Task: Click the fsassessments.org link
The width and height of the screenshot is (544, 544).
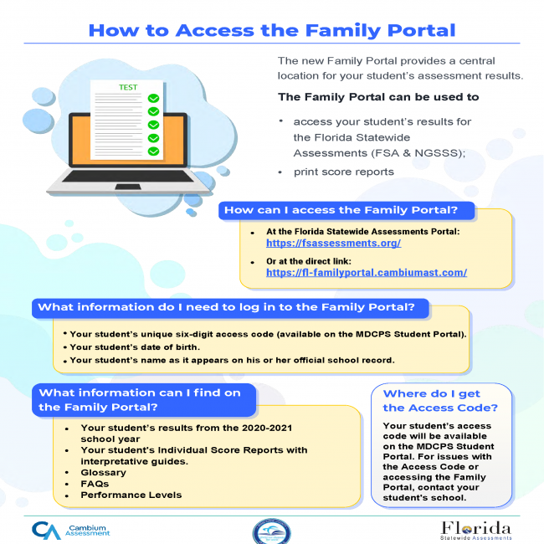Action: [x=333, y=243]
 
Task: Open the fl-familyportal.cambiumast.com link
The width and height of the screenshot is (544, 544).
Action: [x=367, y=273]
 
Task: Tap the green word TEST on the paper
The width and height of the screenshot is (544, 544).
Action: [x=128, y=87]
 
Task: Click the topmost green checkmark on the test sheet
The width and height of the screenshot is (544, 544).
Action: [x=153, y=98]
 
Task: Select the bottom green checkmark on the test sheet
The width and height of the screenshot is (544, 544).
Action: [x=153, y=151]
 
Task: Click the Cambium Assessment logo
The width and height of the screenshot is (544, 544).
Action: [x=71, y=531]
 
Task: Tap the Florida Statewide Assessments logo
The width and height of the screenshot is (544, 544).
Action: [x=475, y=531]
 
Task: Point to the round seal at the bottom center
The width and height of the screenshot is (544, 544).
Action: [x=272, y=531]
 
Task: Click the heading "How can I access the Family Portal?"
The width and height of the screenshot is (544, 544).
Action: [x=341, y=210]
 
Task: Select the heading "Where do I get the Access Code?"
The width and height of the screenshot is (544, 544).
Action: [x=440, y=400]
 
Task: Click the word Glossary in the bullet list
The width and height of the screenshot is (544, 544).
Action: [x=104, y=473]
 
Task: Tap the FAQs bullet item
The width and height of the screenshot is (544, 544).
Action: [x=95, y=484]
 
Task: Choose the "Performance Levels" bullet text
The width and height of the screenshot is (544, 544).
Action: [x=131, y=495]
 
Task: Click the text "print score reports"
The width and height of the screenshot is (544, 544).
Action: [x=344, y=172]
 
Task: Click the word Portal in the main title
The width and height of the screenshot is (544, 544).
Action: [x=421, y=30]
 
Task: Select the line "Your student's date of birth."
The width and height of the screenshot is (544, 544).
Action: [x=135, y=347]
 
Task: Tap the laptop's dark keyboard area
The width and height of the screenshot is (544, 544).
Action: [x=128, y=176]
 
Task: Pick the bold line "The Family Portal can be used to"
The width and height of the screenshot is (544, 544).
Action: [x=378, y=97]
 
